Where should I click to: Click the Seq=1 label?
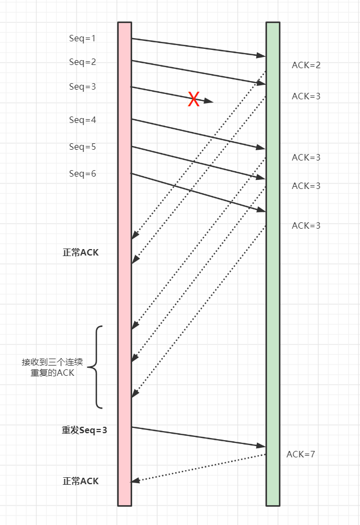pos(82,39)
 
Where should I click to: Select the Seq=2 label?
pos(82,62)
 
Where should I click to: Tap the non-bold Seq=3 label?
pos(82,87)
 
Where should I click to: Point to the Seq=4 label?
pos(82,120)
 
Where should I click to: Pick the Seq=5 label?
pos(82,147)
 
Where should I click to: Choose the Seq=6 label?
pos(82,173)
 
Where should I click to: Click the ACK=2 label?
pos(306,65)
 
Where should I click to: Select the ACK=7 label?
pos(301,454)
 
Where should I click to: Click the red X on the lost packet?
pos(194,99)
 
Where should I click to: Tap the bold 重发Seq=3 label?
pos(84,430)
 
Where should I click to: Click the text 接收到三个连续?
pos(52,362)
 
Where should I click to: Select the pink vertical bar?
pos(125,264)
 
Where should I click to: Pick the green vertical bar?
pos(273,264)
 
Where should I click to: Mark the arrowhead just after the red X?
pos(209,101)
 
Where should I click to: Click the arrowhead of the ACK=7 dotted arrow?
pos(135,481)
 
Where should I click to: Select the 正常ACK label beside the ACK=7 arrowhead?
pos(81,481)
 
